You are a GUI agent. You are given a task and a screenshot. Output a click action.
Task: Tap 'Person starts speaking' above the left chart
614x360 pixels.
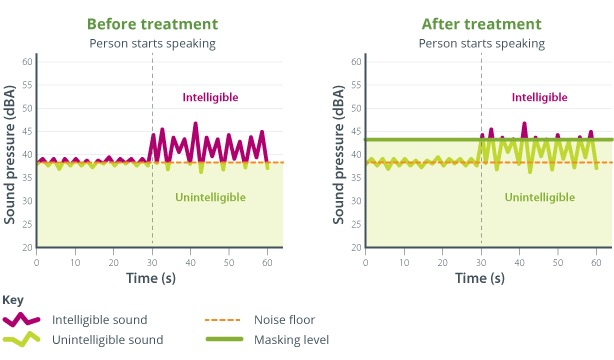pos(152,43)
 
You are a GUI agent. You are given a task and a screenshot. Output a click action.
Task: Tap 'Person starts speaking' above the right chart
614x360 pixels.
pos(481,43)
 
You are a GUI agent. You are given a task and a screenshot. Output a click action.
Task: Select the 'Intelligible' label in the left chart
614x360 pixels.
pos(209,97)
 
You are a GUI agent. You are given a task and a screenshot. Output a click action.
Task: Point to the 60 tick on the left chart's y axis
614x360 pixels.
pos(27,62)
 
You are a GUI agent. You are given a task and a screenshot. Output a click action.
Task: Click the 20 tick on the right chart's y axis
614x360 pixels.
pos(356,247)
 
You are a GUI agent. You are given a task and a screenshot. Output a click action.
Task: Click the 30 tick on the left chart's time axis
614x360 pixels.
pos(152,261)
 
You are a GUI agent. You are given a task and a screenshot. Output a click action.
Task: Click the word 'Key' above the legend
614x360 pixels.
pos(13,300)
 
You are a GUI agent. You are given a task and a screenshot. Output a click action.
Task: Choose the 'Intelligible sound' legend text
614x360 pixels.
pos(104,320)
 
